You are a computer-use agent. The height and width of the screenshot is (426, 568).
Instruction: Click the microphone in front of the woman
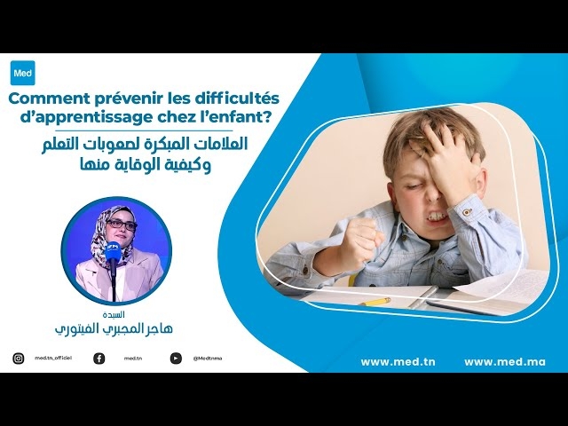[112, 252]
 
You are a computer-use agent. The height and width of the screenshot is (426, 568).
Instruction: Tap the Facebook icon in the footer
[99, 359]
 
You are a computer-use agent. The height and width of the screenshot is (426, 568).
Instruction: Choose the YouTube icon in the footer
[176, 359]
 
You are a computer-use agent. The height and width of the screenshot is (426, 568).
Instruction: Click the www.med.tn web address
[398, 361]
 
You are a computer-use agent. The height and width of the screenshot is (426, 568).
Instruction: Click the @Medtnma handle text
[208, 359]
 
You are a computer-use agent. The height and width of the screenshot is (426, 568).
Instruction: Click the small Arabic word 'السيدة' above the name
[113, 315]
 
